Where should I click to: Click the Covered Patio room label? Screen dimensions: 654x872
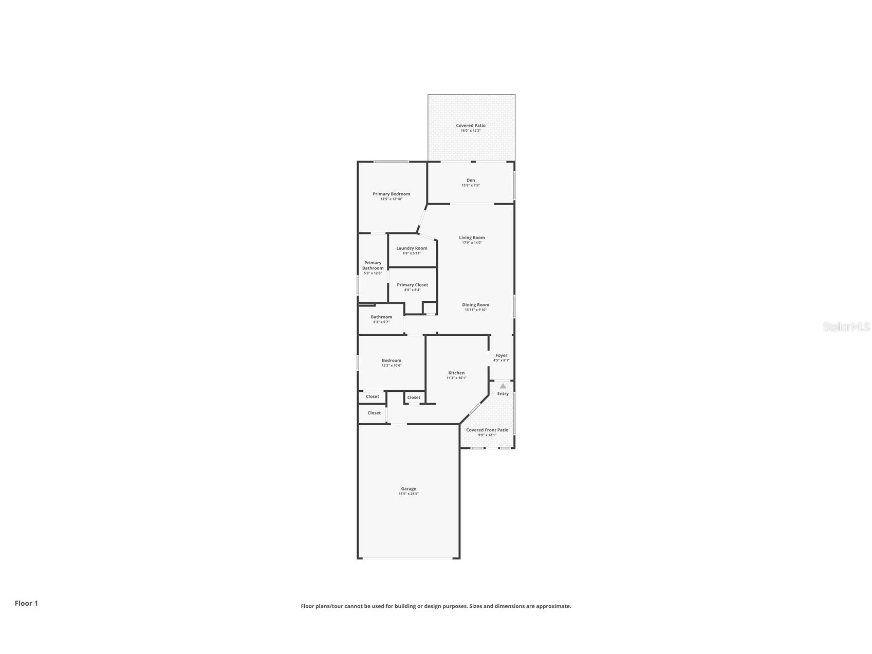click(470, 125)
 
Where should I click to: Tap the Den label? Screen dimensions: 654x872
click(470, 180)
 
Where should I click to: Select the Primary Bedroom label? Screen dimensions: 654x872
click(391, 194)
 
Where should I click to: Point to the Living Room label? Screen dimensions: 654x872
click(472, 238)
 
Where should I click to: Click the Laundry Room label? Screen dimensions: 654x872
click(412, 248)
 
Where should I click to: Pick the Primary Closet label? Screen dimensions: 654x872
click(412, 285)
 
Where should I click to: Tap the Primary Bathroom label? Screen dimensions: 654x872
click(373, 265)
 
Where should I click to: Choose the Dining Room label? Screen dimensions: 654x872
click(475, 305)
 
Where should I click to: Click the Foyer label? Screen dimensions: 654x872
click(501, 355)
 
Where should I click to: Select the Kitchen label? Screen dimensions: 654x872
click(456, 373)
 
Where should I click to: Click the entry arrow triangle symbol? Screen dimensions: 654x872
click(503, 386)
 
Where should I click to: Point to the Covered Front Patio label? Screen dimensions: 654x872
click(487, 430)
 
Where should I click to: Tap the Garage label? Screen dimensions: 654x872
click(409, 489)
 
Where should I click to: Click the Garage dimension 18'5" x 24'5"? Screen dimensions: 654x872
click(409, 494)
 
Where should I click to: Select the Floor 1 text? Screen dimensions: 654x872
click(26, 603)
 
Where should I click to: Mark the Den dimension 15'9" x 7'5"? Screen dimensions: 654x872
click(470, 185)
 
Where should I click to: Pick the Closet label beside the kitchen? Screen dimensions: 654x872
click(414, 397)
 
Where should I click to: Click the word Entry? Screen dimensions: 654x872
click(503, 394)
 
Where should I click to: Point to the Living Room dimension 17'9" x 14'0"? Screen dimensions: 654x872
click(472, 243)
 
